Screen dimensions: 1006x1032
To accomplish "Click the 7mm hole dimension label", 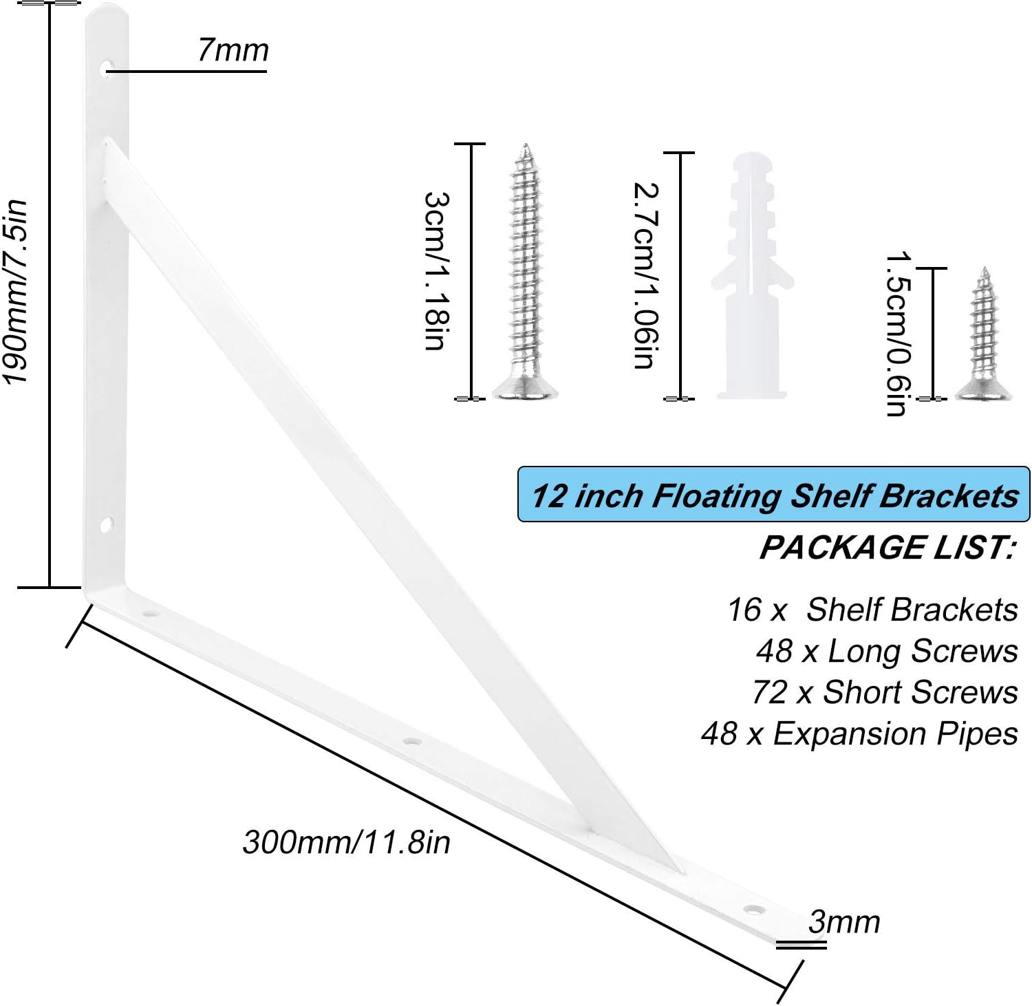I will pyautogui.click(x=233, y=50).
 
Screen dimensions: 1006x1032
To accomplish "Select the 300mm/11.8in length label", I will pyautogui.click(x=346, y=842).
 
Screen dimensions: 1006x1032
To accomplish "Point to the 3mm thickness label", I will pyautogui.click(x=844, y=922).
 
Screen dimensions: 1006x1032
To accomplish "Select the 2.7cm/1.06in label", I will pyautogui.click(x=645, y=275).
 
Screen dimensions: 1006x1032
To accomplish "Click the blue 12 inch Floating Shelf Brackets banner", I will pyautogui.click(x=773, y=495).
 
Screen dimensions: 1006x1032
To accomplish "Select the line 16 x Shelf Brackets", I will pyautogui.click(x=872, y=609).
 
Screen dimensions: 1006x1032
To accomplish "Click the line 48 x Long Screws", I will pyautogui.click(x=887, y=651).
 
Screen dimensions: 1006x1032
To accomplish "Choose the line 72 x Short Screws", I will pyautogui.click(x=885, y=692).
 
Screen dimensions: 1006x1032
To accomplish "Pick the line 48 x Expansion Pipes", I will pyautogui.click(x=859, y=734).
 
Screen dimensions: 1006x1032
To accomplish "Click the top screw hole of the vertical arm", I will pyautogui.click(x=108, y=68).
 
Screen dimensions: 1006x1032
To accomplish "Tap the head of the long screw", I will pyautogui.click(x=525, y=389).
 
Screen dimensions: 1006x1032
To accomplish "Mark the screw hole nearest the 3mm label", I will pyautogui.click(x=756, y=910).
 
